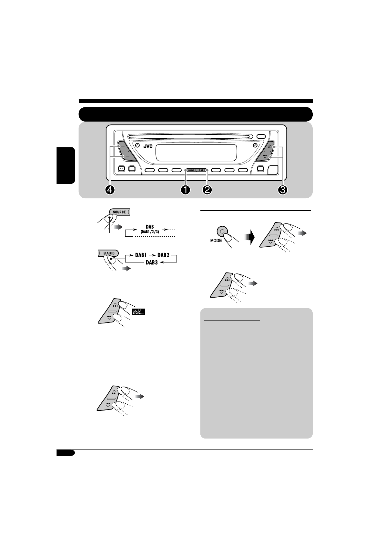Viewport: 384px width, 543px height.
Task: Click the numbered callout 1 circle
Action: [x=185, y=190]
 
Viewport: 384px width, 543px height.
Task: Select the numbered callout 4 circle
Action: [x=110, y=190]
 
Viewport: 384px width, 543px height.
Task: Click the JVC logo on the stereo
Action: [x=148, y=146]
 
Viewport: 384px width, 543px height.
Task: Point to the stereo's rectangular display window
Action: [x=196, y=153]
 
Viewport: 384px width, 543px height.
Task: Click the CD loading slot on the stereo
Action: [x=190, y=136]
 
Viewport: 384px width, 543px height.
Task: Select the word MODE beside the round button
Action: [x=216, y=241]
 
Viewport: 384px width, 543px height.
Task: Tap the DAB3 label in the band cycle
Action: [x=152, y=262]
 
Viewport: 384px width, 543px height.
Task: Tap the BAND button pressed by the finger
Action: [x=109, y=253]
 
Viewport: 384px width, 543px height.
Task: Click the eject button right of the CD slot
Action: [x=261, y=136]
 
